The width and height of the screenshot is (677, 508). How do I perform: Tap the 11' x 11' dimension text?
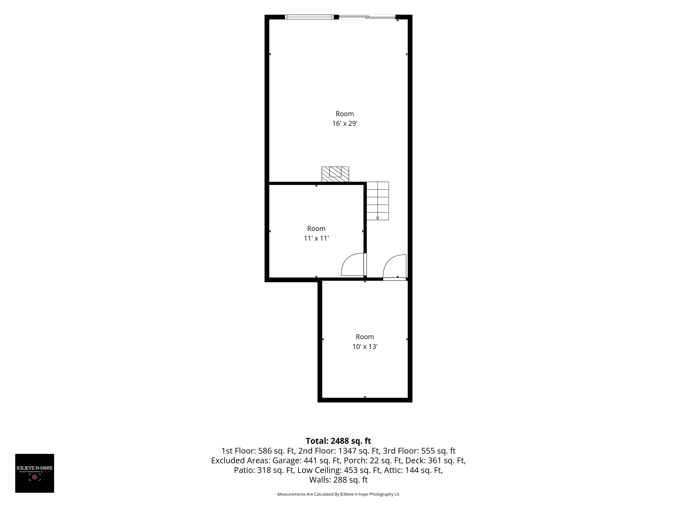click(316, 238)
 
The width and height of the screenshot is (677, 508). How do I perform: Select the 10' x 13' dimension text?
click(365, 347)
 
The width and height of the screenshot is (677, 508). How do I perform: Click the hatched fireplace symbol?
click(335, 174)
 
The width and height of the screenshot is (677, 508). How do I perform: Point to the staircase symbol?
click(378, 201)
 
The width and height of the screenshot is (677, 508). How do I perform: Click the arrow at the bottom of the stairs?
click(378, 218)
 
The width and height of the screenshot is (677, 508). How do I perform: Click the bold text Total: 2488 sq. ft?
click(338, 441)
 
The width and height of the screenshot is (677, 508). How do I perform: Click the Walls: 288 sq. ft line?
click(338, 480)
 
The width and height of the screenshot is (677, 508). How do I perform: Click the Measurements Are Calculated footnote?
click(338, 494)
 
